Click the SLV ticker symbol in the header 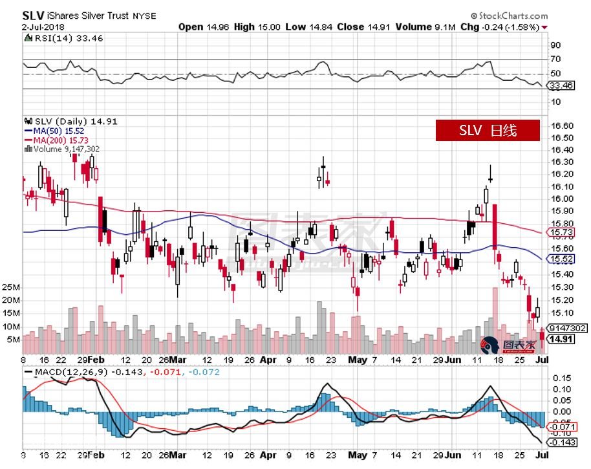[32, 14]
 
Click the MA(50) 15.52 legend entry [61, 131]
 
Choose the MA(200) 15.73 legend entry [63, 140]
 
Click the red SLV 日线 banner [487, 130]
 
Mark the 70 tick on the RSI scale [555, 60]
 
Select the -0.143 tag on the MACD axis [561, 442]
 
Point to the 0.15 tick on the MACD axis [560, 378]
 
